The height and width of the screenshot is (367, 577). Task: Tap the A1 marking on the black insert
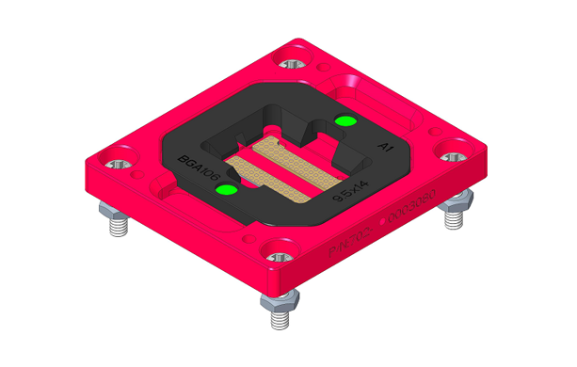(383, 148)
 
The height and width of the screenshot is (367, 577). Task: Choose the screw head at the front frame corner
(278, 253)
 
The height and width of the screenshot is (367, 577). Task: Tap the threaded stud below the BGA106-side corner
(117, 227)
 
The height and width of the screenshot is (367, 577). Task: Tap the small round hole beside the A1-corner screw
(435, 134)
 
